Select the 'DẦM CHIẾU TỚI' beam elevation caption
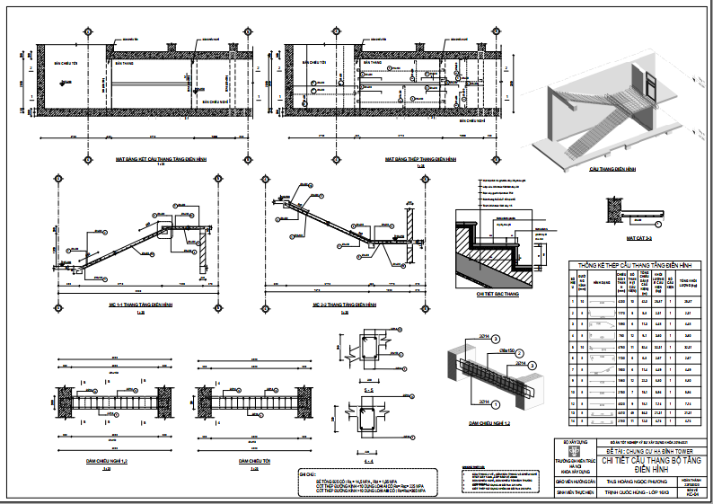coord(257,461)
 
